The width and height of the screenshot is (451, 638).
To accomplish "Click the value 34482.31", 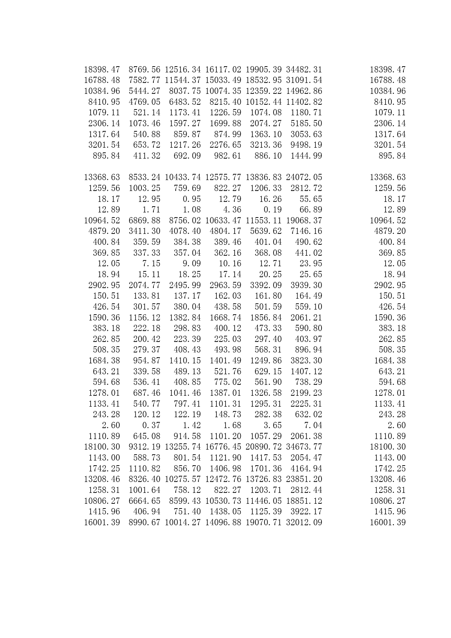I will (x=304, y=69).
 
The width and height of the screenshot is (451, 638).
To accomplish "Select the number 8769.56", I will (x=144, y=69).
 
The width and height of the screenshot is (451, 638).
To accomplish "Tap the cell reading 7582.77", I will (x=144, y=80).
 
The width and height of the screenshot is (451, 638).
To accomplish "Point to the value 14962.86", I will (x=304, y=91).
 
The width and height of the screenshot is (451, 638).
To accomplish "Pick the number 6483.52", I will (x=185, y=102).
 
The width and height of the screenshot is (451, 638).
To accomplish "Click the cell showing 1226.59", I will (x=225, y=112).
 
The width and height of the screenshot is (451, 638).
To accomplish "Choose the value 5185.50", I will (x=306, y=123).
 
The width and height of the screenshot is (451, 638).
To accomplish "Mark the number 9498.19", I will (x=306, y=145).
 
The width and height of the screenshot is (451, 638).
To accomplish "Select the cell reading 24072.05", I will (x=304, y=177).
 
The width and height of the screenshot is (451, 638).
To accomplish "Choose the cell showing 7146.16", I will (x=306, y=231).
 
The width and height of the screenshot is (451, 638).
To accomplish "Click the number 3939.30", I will (x=306, y=285).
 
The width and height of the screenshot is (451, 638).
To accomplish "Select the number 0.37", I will (x=151, y=425).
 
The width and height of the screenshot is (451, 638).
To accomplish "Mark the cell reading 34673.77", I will (x=304, y=447).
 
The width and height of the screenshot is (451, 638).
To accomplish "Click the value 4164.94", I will (x=306, y=468).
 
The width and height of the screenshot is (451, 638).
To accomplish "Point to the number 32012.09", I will (x=304, y=522).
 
